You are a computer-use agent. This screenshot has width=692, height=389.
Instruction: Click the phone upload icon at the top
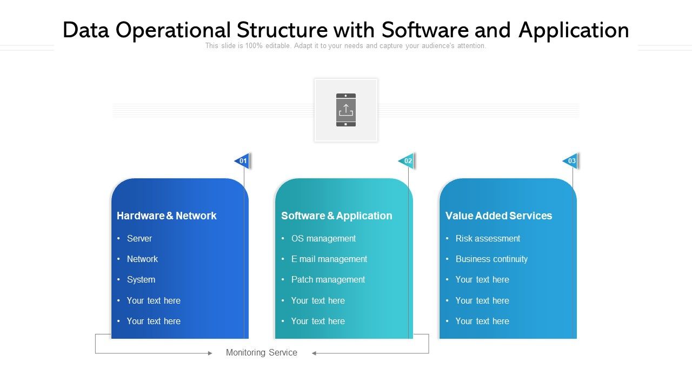pyautogui.click(x=346, y=110)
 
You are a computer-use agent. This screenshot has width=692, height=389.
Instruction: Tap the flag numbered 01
pyautogui.click(x=242, y=161)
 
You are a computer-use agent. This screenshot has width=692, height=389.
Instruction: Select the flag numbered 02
pyautogui.click(x=407, y=161)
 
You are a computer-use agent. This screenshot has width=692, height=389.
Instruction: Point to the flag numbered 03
pyautogui.click(x=571, y=161)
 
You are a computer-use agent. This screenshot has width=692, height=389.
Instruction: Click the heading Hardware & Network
pyautogui.click(x=167, y=216)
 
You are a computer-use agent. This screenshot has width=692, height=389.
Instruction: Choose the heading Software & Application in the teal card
pyautogui.click(x=336, y=216)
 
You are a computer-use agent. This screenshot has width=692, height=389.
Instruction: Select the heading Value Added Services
pyautogui.click(x=498, y=216)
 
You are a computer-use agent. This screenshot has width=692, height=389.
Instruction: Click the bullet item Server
pyautogui.click(x=139, y=238)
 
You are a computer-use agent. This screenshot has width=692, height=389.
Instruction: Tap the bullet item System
pyautogui.click(x=141, y=279)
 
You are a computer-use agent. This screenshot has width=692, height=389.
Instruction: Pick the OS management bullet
pyautogui.click(x=323, y=238)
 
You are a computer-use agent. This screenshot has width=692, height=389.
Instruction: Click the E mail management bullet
pyautogui.click(x=329, y=259)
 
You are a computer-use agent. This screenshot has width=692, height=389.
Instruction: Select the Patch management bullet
pyautogui.click(x=328, y=279)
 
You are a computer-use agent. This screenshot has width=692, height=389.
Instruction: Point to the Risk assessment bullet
pyautogui.click(x=488, y=238)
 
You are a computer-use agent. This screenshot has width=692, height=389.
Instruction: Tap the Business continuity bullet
pyautogui.click(x=491, y=259)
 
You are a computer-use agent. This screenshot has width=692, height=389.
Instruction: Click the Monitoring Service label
pyautogui.click(x=262, y=352)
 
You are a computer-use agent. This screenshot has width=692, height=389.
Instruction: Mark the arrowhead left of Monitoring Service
pyautogui.click(x=210, y=353)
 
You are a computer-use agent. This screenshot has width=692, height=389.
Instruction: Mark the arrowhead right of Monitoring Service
pyautogui.click(x=314, y=353)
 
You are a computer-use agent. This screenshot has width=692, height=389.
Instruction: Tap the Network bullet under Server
pyautogui.click(x=142, y=259)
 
